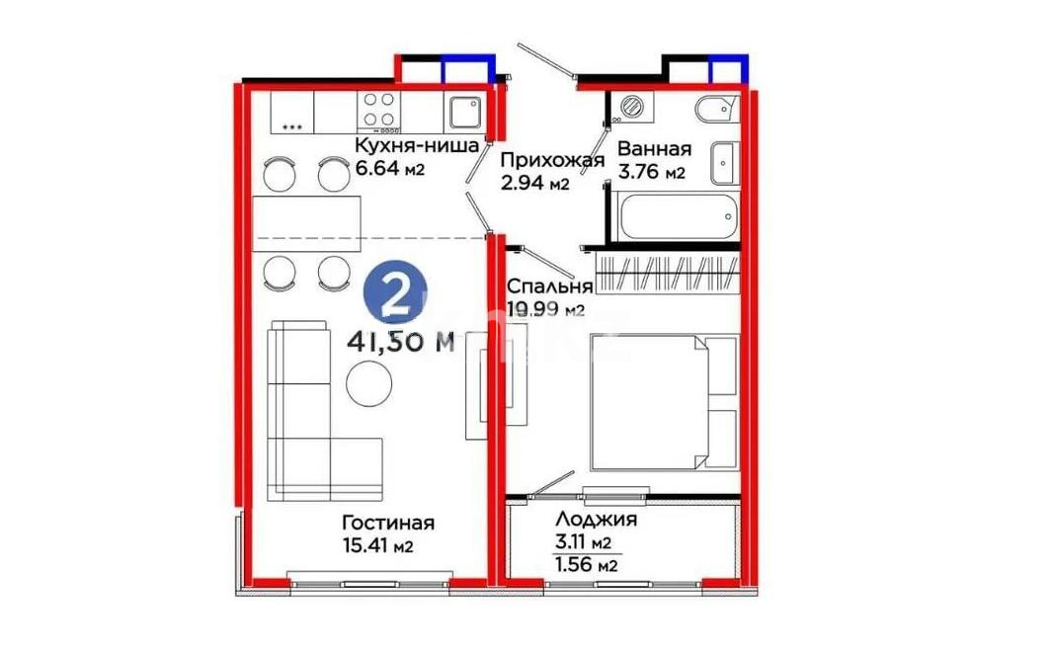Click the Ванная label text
point(654,149)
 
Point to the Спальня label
point(549,287)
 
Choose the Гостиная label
point(388,523)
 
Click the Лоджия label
point(596,520)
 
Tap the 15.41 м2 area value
point(375,546)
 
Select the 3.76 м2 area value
point(651,174)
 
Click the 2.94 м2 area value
point(533,184)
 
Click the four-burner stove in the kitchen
point(380,111)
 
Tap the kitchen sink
point(465,112)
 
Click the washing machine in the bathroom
point(629,106)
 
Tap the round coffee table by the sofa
point(366,383)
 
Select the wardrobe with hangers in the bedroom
point(668,272)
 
